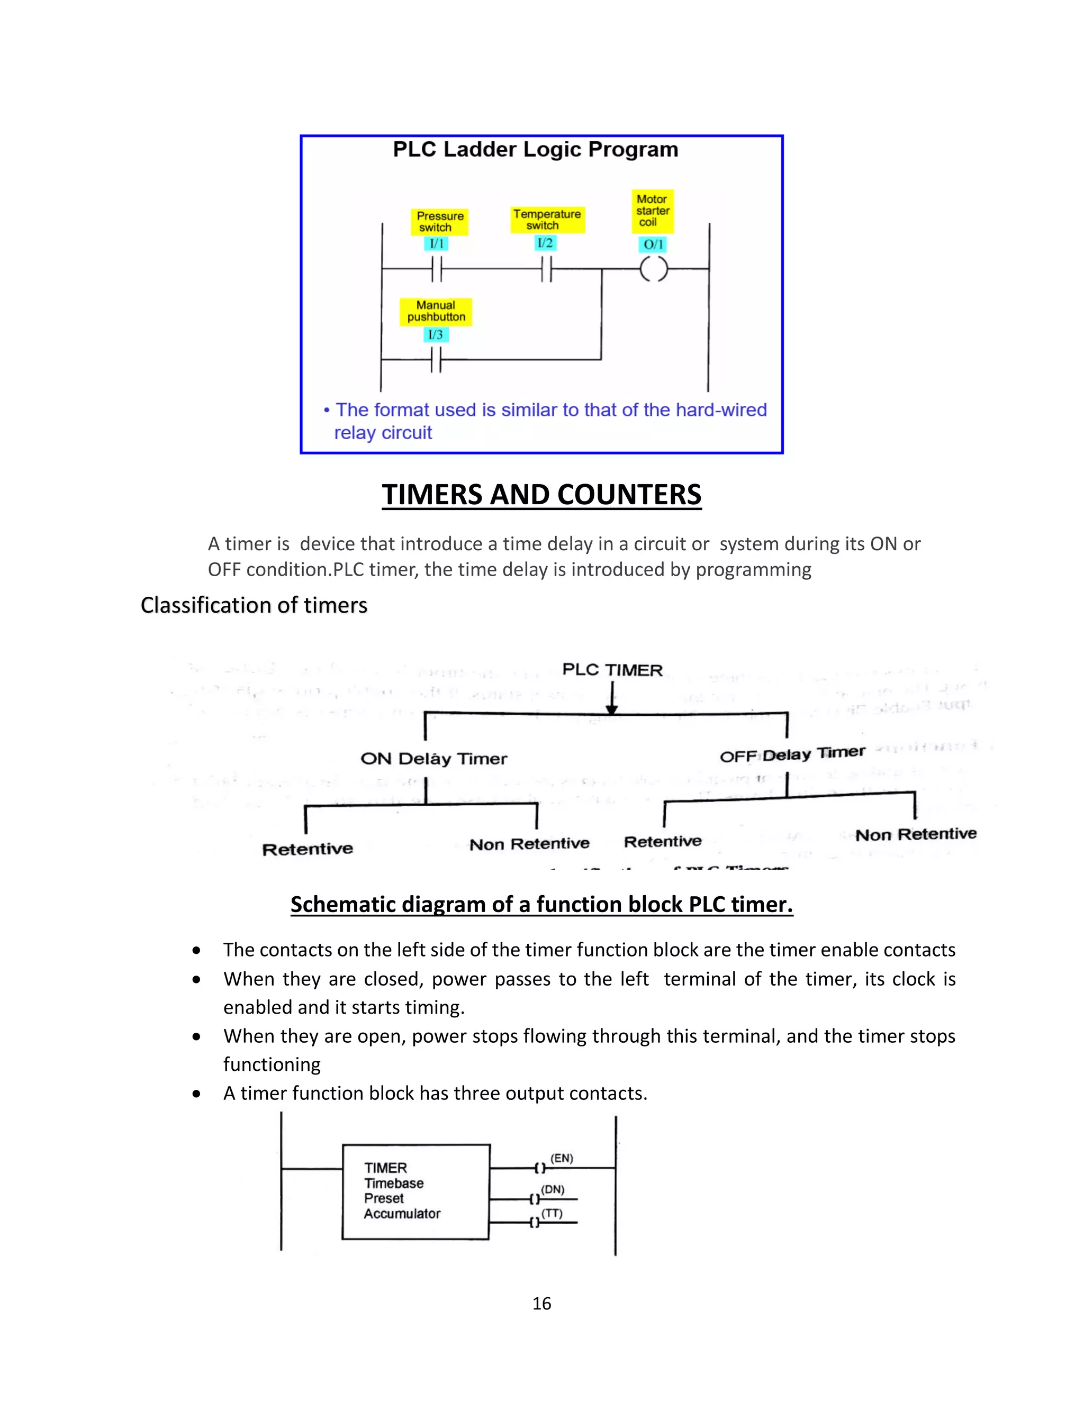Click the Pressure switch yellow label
[439, 222]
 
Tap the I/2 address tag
[545, 243]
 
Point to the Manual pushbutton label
[436, 311]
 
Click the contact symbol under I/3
[436, 360]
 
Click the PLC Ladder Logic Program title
[535, 150]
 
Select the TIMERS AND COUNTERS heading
[541, 495]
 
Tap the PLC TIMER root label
[612, 670]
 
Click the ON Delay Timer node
[433, 759]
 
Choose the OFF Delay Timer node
[792, 754]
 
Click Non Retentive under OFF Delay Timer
[916, 834]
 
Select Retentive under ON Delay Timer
[308, 849]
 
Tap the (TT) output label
[552, 1213]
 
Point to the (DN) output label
[553, 1189]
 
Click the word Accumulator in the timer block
[402, 1214]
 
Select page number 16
[541, 1304]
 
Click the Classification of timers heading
[254, 605]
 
